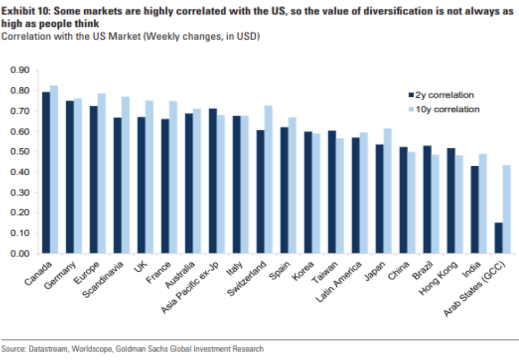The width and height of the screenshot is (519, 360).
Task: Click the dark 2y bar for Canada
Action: (x=46, y=173)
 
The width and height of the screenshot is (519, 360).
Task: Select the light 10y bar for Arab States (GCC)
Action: (x=506, y=209)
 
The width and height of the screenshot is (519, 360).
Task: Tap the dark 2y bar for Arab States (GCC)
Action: (x=498, y=238)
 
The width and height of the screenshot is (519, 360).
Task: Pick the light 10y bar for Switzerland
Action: (x=268, y=179)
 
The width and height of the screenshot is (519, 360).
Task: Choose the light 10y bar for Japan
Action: (x=387, y=191)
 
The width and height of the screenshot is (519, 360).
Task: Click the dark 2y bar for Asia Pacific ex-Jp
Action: (x=213, y=181)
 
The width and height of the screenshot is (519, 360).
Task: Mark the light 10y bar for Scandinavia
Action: (x=126, y=175)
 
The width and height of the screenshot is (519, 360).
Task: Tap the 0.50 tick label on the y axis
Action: (x=21, y=152)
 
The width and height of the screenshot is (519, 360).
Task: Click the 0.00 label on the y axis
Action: (x=21, y=254)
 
